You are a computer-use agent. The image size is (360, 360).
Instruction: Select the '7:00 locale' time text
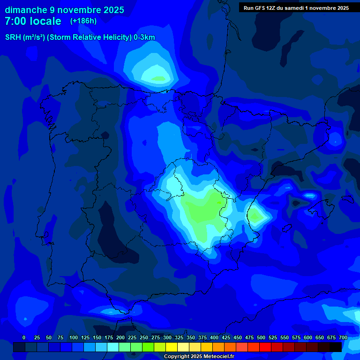33,21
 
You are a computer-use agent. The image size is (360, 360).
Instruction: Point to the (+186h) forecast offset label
83,21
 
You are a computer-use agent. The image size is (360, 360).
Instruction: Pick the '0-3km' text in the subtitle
144,37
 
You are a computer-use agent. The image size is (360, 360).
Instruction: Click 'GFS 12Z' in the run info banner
266,8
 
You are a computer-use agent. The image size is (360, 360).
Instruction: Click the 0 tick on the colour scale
24,337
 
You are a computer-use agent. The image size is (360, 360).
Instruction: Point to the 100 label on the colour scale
74,337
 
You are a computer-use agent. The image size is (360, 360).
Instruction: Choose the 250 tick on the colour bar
144,337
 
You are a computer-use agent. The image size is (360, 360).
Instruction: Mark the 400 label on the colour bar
214,337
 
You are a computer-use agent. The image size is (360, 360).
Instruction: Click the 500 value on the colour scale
261,337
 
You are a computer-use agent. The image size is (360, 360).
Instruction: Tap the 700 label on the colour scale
343,337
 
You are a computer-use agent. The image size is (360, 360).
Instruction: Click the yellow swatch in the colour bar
172,347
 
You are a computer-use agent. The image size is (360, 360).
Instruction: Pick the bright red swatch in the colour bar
265,347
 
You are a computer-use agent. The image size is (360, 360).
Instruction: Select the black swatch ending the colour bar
336,347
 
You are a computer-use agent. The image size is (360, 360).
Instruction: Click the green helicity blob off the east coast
255,216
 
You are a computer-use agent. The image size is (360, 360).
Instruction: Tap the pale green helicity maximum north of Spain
158,77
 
